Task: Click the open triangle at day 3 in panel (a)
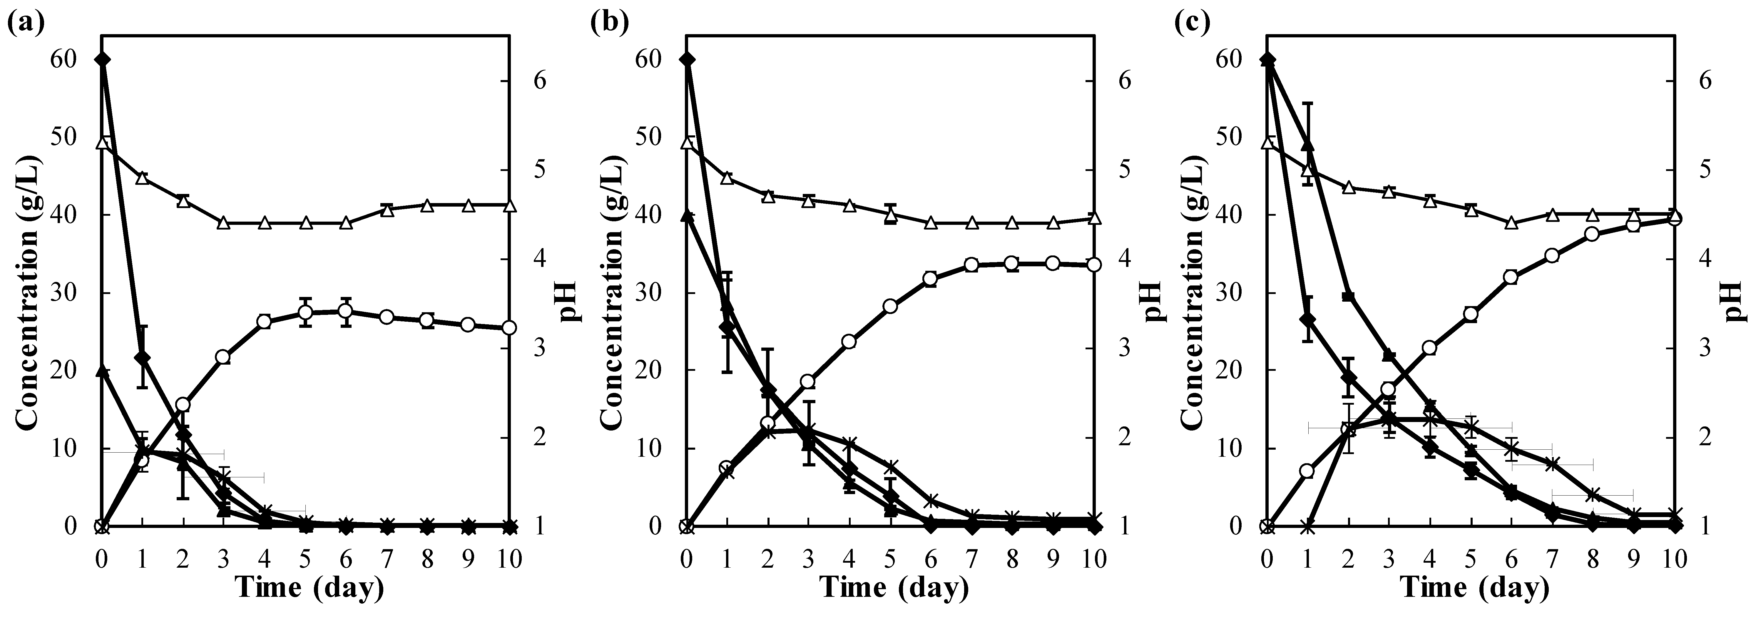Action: (224, 223)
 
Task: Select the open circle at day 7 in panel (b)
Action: (971, 265)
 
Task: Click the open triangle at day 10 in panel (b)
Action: (1093, 218)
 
